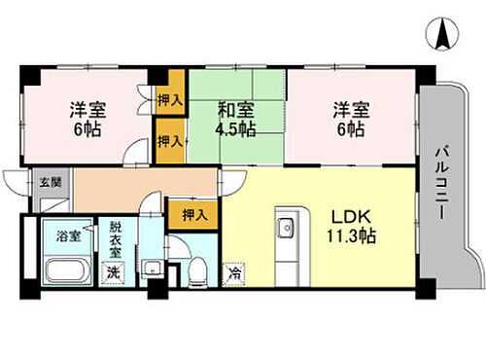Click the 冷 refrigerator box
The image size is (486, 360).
click(x=234, y=275)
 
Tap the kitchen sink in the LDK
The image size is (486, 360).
click(x=286, y=230)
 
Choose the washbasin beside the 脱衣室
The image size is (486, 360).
click(x=148, y=269)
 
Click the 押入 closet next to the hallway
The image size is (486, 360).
click(x=186, y=214)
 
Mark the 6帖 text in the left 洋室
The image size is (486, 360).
click(x=81, y=127)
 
